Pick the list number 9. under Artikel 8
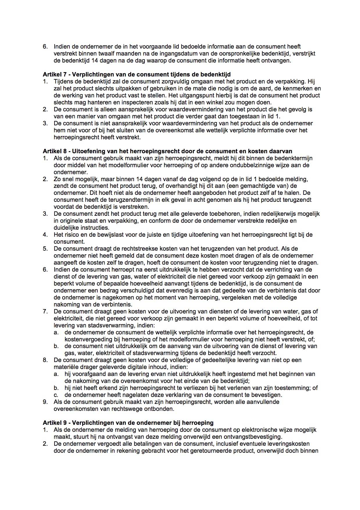point(45,402)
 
